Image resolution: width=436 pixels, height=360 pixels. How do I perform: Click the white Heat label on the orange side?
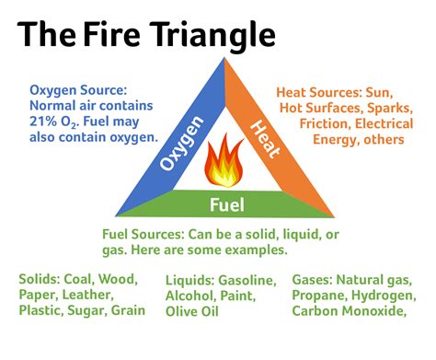[x=261, y=135]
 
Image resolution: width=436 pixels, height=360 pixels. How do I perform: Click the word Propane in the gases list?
[x=320, y=295]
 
